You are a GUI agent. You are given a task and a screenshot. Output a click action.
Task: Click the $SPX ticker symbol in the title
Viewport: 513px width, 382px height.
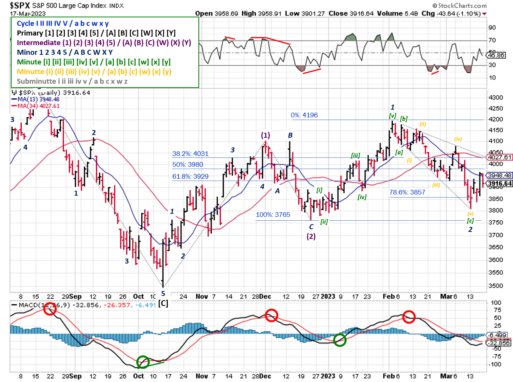(20, 5)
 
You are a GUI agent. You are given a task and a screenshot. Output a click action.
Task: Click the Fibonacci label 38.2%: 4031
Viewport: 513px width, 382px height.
(190, 154)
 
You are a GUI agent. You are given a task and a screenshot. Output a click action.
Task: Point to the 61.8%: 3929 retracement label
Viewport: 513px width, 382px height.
(190, 176)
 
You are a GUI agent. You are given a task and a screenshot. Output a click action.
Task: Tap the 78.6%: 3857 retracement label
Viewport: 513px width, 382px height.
(407, 192)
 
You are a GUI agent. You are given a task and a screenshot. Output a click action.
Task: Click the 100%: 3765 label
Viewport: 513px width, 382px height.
(273, 215)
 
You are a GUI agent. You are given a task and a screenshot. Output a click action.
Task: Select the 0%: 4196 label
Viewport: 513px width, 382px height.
(304, 115)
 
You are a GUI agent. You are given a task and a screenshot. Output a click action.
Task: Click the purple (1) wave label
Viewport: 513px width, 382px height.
(266, 135)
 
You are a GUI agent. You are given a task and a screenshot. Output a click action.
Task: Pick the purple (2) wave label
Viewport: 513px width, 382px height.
(311, 236)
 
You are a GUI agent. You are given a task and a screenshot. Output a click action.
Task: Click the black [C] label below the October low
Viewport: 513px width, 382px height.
(163, 303)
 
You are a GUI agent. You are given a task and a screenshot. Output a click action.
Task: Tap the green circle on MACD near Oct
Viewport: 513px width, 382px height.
(143, 362)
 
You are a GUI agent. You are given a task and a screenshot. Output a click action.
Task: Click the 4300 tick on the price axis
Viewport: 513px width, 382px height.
(496, 98)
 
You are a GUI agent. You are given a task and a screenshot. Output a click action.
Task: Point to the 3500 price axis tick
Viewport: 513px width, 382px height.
(496, 286)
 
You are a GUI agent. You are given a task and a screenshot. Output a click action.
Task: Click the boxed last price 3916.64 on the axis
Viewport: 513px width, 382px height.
(500, 184)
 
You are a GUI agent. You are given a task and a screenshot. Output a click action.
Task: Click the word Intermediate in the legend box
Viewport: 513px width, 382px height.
(39, 42)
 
